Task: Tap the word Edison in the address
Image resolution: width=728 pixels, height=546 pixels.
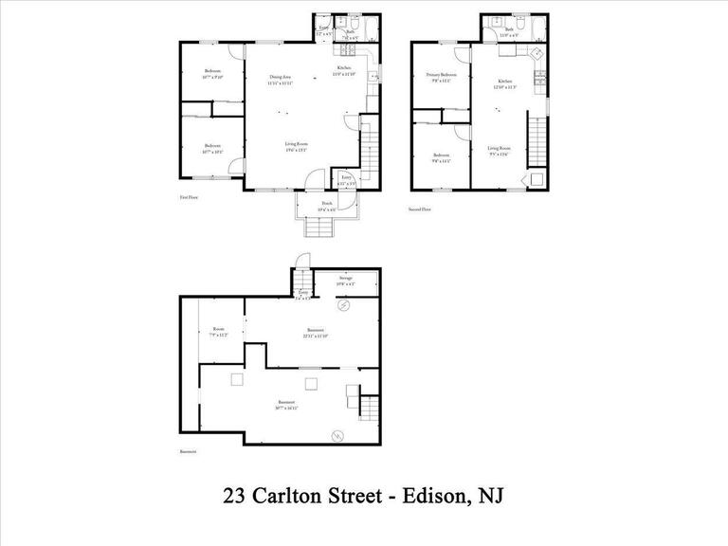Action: [x=418, y=496]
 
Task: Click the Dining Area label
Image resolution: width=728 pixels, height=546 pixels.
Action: [x=280, y=78]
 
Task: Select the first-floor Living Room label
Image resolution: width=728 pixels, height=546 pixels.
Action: [x=297, y=145]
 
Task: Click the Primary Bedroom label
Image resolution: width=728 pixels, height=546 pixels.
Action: [x=441, y=76]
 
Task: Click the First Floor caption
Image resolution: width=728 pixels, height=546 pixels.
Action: [x=189, y=197]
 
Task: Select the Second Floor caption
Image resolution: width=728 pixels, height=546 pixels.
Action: [x=420, y=209]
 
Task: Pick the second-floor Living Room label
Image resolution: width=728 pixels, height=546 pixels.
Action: [x=500, y=149]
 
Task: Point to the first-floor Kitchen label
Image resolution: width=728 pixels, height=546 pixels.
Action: [x=345, y=69]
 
